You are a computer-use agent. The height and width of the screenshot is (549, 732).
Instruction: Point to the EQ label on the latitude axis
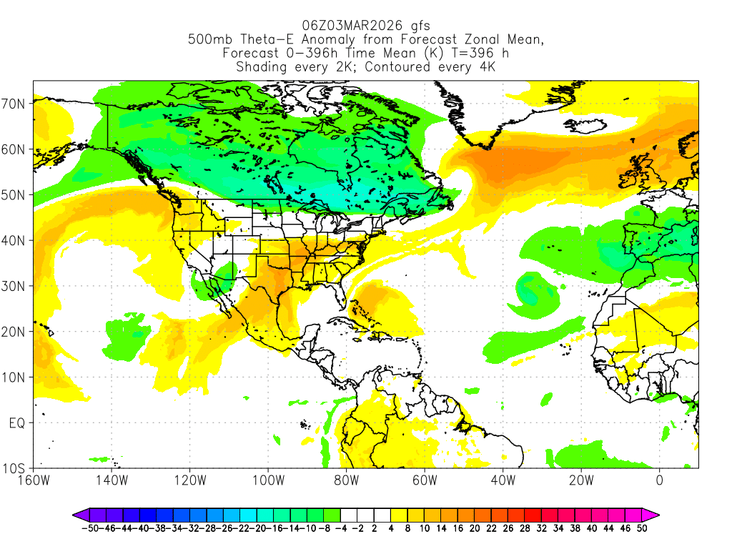coord(17,423)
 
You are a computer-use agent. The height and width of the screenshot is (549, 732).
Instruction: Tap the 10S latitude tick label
coord(16,469)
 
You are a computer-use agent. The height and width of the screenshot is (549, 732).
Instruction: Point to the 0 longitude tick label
coord(659,480)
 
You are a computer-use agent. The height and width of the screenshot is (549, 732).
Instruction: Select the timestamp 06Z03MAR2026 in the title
coord(347,25)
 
